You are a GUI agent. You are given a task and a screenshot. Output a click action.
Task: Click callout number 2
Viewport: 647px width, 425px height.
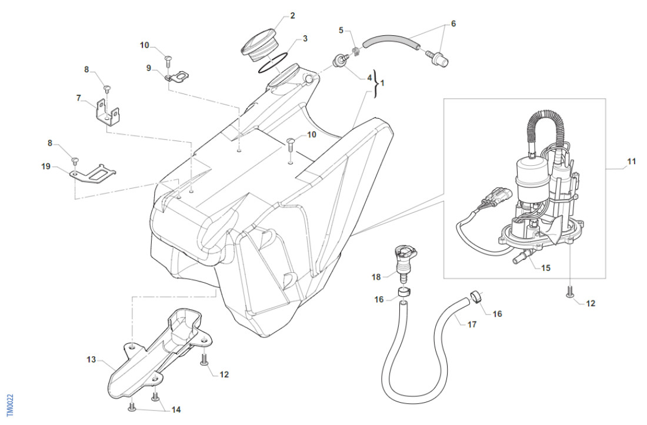pos(292,16)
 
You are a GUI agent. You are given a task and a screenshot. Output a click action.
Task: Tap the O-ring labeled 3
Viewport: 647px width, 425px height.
pos(273,63)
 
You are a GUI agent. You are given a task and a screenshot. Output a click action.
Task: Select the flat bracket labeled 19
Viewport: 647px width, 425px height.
pos(93,175)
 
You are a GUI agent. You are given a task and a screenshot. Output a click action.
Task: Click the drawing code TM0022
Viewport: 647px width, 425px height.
pos(9,404)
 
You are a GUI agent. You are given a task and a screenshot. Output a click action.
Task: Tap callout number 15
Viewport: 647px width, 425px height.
pos(546,268)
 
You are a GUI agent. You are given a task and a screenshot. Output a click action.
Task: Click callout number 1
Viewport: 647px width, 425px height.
pos(382,83)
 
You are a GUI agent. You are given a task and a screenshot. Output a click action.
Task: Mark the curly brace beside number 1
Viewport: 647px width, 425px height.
pos(375,83)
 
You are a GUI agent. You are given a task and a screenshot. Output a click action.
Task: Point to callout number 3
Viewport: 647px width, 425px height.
pos(305,39)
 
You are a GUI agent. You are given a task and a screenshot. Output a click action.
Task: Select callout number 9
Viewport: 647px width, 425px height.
pos(149,68)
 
